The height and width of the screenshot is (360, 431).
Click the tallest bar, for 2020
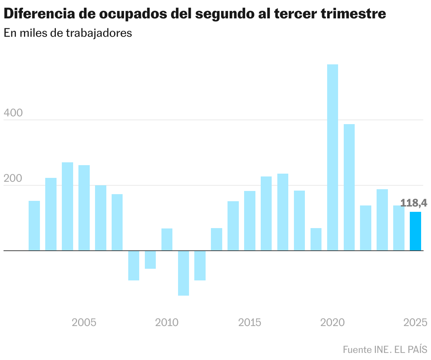coord(332,157)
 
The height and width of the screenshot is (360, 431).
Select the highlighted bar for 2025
coord(415,231)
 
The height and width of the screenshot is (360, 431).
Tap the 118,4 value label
coord(414,203)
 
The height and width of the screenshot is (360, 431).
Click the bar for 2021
coord(349,187)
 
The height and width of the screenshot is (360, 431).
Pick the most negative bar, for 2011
coord(183,273)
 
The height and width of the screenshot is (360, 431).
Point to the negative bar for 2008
coord(134,265)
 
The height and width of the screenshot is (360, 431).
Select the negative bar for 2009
coord(150,260)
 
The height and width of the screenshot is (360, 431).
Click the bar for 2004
coord(67,206)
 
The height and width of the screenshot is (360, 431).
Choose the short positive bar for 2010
coord(167,239)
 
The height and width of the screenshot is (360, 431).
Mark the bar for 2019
coord(316,239)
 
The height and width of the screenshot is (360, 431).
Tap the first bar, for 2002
coord(34,226)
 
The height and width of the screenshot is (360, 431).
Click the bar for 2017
coord(283,212)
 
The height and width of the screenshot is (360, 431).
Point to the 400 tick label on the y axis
coord(13,113)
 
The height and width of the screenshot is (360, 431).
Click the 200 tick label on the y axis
coord(13,178)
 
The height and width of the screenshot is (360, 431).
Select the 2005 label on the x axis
coord(84,323)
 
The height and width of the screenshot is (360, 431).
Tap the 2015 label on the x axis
coord(250,323)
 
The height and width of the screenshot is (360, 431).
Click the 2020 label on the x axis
coord(332,323)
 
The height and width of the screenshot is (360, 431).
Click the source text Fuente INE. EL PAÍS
coord(385,349)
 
